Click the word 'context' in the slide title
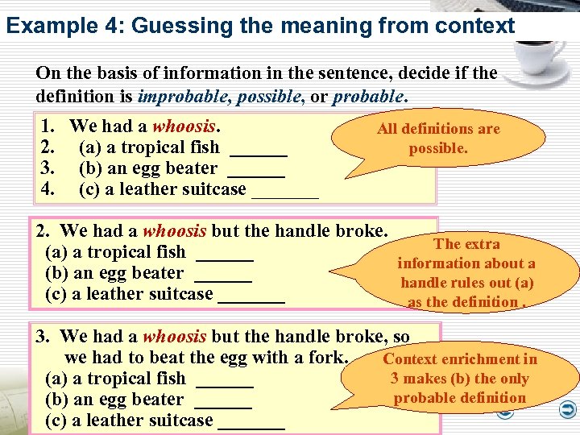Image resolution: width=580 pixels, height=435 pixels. [474, 26]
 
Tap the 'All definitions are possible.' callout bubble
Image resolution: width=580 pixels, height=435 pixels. [438, 139]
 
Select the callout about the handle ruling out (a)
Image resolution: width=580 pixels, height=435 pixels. [467, 273]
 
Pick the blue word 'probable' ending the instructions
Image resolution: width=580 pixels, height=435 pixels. [367, 97]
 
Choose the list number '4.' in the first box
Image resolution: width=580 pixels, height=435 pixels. [48, 189]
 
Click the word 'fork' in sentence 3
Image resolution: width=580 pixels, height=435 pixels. [328, 358]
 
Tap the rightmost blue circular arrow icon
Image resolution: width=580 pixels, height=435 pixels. [566, 411]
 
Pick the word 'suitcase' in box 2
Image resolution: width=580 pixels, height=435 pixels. [180, 294]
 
